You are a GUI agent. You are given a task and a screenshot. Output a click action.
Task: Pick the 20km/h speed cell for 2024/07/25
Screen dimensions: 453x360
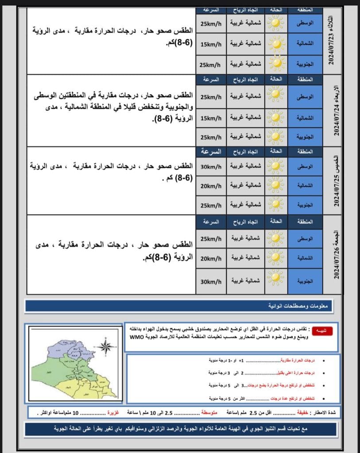coord(210,186)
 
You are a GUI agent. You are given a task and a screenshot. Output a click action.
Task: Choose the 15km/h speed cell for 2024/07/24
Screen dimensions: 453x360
coord(210,118)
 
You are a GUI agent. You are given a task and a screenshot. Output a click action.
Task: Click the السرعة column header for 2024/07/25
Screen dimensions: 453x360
coord(210,151)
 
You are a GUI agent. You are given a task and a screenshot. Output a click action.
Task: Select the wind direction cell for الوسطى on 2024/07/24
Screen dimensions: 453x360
coord(246,96)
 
